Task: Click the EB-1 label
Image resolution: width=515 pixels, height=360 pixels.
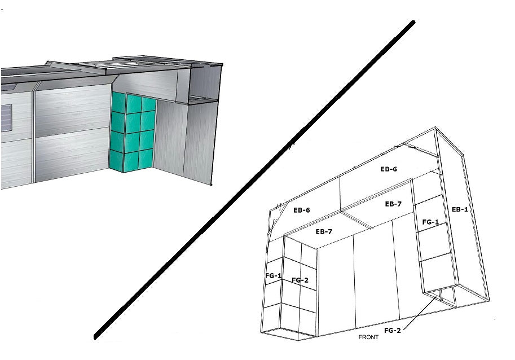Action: click(x=460, y=209)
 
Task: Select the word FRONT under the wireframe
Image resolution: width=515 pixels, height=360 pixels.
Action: click(x=368, y=337)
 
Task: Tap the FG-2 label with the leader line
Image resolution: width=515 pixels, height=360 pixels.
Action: click(x=393, y=331)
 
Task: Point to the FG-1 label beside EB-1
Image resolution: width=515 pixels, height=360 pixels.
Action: click(x=430, y=222)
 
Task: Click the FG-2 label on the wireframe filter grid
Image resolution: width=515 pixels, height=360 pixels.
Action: click(x=300, y=280)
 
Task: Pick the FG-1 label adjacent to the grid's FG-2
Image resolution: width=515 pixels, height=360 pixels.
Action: click(x=273, y=275)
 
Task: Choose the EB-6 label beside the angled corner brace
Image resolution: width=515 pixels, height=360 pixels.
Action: click(x=302, y=210)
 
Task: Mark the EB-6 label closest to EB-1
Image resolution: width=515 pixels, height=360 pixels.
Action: click(x=389, y=169)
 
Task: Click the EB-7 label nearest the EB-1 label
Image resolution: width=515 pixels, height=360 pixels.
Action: click(x=393, y=204)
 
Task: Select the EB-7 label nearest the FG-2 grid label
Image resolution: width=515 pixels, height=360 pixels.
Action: click(x=324, y=232)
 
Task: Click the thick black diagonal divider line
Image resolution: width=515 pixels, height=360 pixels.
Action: click(x=254, y=179)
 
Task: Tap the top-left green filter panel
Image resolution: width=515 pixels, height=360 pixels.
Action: click(x=118, y=102)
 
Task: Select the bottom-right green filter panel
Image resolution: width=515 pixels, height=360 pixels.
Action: click(x=146, y=159)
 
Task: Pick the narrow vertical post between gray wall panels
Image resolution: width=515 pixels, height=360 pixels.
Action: click(x=33, y=137)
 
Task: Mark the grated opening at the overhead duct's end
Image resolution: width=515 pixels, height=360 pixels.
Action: click(x=203, y=99)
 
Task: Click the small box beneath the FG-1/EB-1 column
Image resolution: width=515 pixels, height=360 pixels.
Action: click(x=439, y=297)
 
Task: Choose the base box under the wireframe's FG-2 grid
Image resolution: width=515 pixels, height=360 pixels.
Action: click(x=288, y=333)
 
